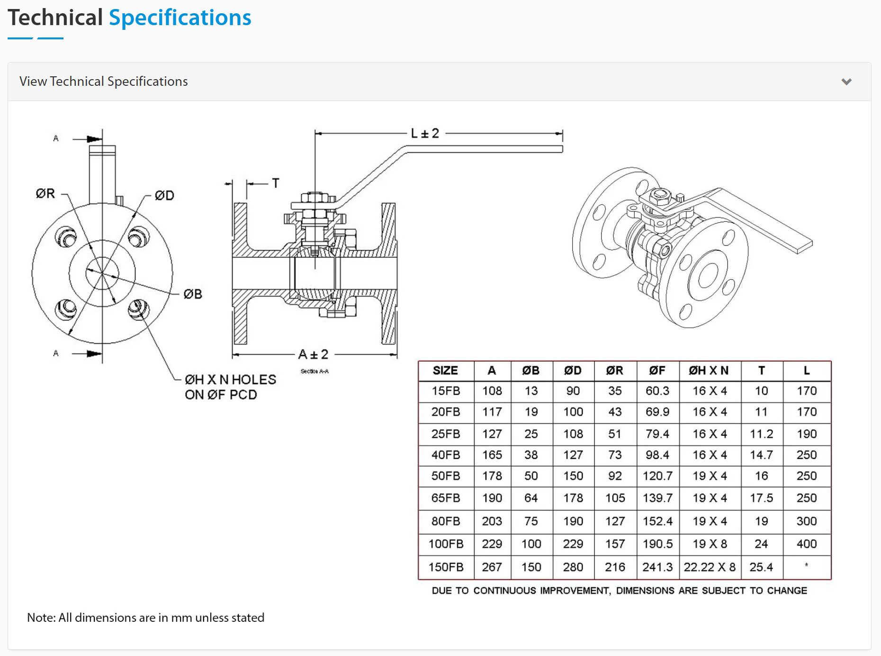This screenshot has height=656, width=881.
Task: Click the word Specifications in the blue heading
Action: (x=180, y=18)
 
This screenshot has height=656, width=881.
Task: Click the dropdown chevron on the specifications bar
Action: (x=846, y=82)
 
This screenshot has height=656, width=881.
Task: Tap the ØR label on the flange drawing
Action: (x=45, y=193)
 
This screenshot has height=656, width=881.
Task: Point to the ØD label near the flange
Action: (x=164, y=195)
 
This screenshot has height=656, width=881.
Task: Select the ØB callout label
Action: (x=193, y=294)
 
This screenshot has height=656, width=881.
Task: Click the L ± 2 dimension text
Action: (x=425, y=134)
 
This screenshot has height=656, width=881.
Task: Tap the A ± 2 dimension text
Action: (x=313, y=354)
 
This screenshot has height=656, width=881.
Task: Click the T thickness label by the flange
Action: (x=276, y=183)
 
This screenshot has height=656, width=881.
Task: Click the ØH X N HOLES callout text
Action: (x=230, y=380)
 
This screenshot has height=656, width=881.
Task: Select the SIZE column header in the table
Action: (x=445, y=371)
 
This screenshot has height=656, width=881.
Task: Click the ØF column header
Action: (x=657, y=371)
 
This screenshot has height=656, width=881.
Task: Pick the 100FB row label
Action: (x=446, y=544)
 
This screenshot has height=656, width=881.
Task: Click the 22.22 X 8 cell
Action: (x=709, y=567)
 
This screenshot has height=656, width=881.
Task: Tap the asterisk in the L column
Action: (x=806, y=565)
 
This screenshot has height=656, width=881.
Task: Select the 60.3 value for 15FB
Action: (x=657, y=391)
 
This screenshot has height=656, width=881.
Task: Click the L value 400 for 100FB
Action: (x=806, y=544)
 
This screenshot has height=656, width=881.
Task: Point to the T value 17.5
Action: (x=761, y=498)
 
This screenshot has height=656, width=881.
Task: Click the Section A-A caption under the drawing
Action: (x=315, y=371)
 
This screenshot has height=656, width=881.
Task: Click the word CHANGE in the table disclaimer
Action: (x=787, y=591)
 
